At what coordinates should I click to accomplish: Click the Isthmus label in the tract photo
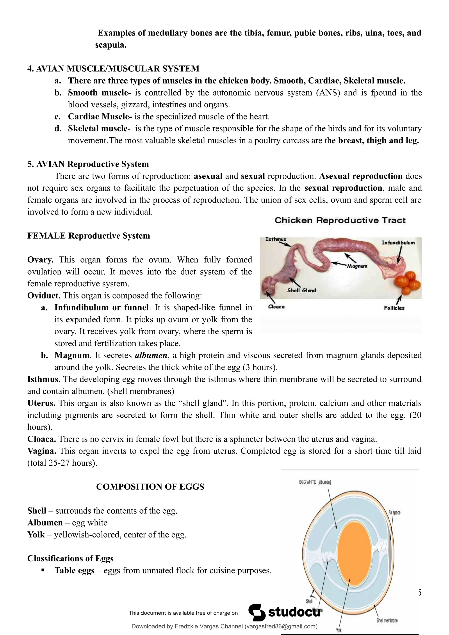click(x=276, y=239)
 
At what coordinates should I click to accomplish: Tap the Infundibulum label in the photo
click(x=398, y=243)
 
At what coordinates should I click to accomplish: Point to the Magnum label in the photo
click(x=357, y=266)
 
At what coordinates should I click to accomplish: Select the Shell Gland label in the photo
click(x=301, y=290)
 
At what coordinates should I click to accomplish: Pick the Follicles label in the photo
click(x=394, y=308)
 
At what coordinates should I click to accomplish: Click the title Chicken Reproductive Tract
click(x=340, y=220)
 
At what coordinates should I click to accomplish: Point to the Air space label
click(x=394, y=513)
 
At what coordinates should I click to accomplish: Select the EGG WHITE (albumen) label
click(x=315, y=482)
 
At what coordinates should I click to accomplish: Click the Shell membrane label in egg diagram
click(x=387, y=620)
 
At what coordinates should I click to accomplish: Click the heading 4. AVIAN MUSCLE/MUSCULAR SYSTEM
click(x=113, y=69)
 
